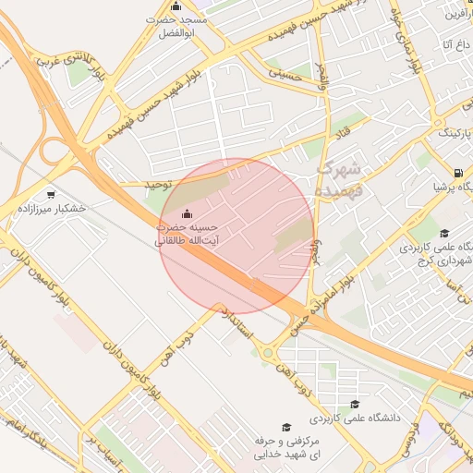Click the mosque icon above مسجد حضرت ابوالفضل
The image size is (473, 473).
coord(176,6)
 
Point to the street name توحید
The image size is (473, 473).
coord(159,184)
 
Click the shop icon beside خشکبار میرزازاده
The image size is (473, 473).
coord(50,194)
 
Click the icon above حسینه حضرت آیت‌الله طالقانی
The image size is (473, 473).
coord(188,215)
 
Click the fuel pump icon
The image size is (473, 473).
coord(459,173)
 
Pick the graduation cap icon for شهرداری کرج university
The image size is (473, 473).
coord(444,233)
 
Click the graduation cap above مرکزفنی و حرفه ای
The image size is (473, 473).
coord(286,427)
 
